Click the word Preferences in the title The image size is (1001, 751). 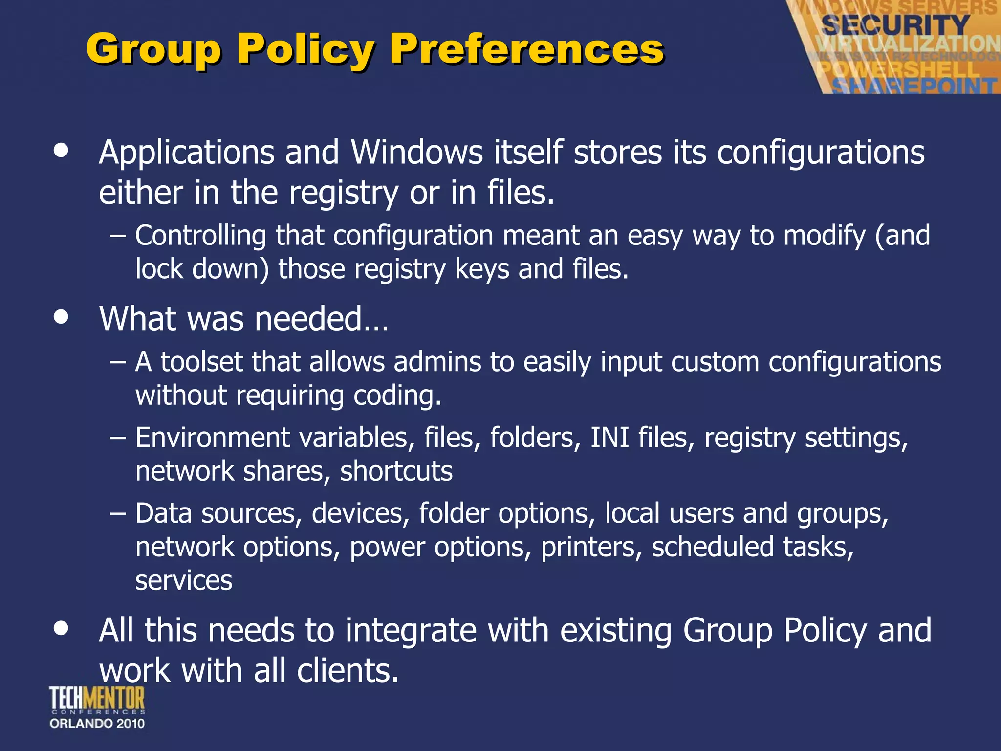(526, 49)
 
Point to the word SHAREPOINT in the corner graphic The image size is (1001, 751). (914, 86)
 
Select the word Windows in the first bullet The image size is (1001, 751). (417, 152)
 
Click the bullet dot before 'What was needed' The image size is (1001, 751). (61, 317)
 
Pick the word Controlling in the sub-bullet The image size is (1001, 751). (200, 235)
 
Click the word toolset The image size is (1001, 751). (201, 362)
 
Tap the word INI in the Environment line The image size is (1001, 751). (609, 437)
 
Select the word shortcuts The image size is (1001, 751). (396, 471)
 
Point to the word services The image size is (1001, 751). (184, 581)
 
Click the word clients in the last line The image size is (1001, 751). (347, 670)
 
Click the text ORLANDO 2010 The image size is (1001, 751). (97, 723)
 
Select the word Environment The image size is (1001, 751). (212, 437)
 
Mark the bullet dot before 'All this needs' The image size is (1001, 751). (61, 628)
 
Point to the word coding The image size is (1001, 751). (397, 396)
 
